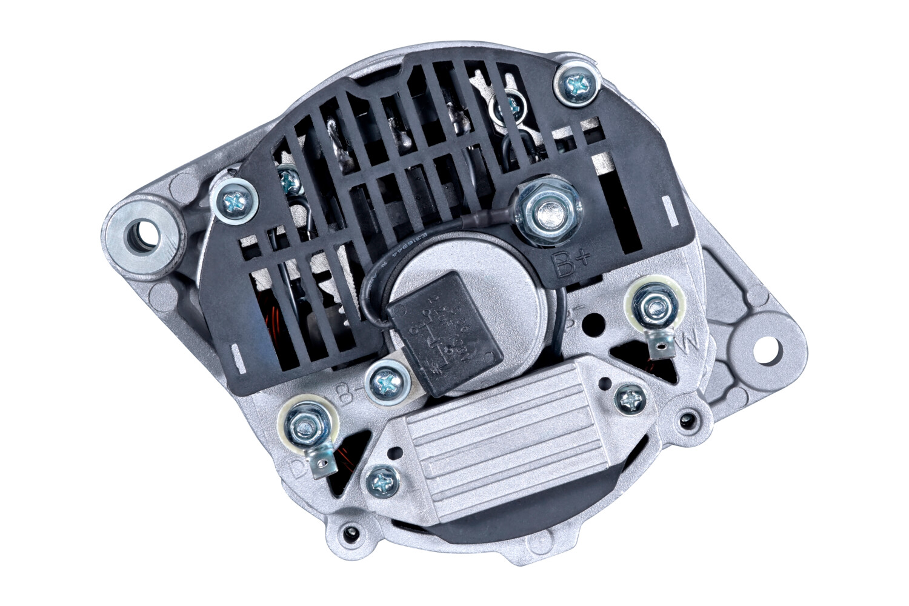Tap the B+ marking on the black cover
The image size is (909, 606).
coord(569,262)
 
